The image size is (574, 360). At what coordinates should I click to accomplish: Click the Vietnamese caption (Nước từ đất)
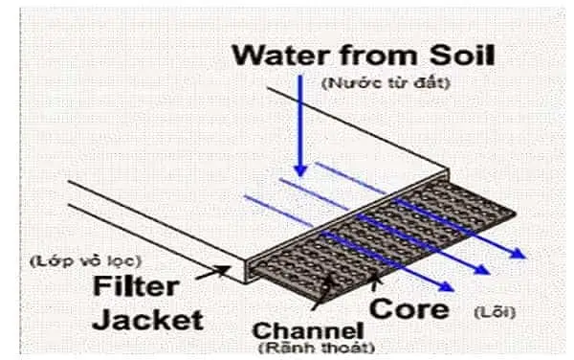point(386,83)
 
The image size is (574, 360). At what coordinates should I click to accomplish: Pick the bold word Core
point(408,308)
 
